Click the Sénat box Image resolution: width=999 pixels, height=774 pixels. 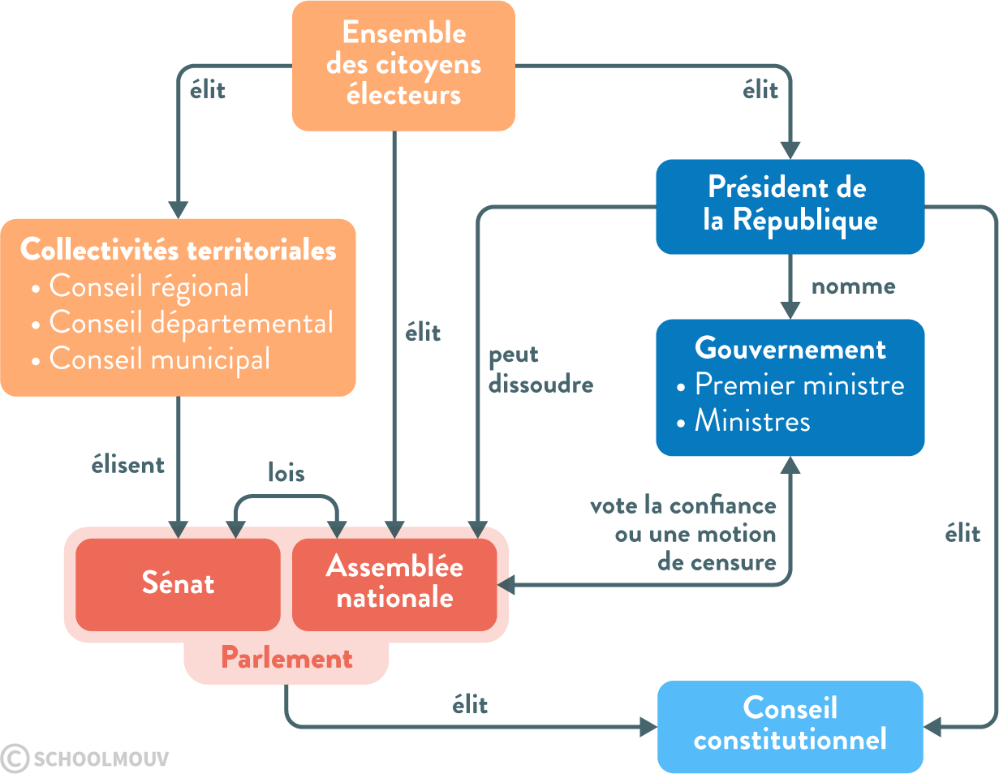[178, 583]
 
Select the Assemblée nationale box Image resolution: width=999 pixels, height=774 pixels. [394, 583]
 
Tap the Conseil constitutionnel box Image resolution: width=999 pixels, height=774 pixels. [790, 725]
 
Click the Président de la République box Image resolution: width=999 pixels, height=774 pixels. [790, 206]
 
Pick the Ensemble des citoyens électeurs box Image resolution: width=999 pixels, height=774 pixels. [403, 65]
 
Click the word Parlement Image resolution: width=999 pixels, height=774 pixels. [286, 658]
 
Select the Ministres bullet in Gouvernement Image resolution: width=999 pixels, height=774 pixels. [751, 421]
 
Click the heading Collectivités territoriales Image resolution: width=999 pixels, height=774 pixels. [178, 250]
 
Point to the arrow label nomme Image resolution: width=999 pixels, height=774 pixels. [853, 286]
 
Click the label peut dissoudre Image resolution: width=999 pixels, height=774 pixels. [540, 370]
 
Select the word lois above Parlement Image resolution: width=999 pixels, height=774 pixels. [286, 473]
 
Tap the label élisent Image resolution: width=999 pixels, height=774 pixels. [128, 465]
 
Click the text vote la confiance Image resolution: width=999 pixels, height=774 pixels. [683, 506]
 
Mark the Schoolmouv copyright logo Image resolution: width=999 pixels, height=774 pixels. [85, 759]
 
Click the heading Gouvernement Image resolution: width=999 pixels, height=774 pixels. [790, 349]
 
